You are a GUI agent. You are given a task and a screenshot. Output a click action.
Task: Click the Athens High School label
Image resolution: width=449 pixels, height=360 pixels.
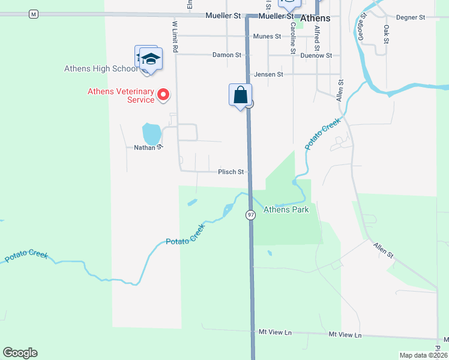[x=101, y=68]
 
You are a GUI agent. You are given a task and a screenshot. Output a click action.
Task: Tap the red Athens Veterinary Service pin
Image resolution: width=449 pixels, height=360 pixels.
[x=163, y=95]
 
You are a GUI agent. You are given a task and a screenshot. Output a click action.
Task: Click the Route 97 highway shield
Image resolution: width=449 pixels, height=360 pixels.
[x=250, y=215]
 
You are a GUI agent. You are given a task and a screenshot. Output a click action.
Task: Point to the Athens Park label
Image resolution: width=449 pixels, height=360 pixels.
[x=286, y=209]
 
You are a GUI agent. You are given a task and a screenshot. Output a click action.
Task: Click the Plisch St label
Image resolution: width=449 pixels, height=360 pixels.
[x=231, y=172]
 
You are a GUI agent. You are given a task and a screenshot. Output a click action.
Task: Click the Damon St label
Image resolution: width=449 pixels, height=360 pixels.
[x=227, y=55]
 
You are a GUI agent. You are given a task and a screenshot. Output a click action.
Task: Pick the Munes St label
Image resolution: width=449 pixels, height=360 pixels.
[x=267, y=37]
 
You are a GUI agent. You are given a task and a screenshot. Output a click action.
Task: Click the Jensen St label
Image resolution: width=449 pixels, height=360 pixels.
[x=268, y=74]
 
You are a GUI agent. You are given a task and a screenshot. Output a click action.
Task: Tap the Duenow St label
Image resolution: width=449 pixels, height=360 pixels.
[x=317, y=55]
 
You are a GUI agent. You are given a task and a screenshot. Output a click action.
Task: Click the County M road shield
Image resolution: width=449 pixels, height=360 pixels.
[x=33, y=14]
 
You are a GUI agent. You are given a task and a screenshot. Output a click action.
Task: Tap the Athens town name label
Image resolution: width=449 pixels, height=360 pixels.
[x=315, y=19]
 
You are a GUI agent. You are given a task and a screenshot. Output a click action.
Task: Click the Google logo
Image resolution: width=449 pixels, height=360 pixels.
[x=20, y=353]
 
